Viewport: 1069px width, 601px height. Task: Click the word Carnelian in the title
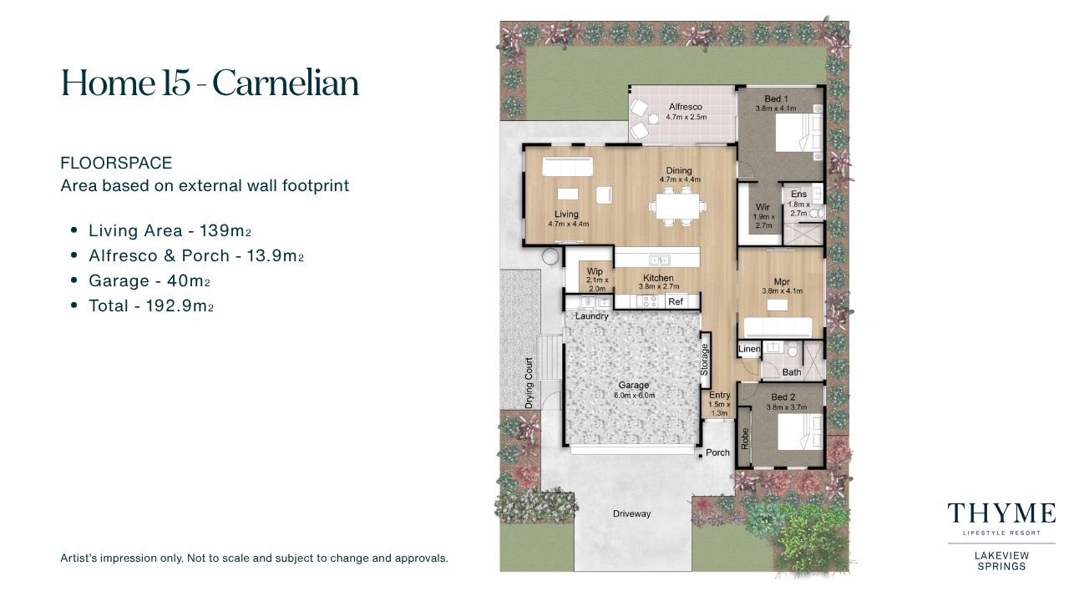pos(286,83)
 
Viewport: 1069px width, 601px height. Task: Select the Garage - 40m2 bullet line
pos(149,281)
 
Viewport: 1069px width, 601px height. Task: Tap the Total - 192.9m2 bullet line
pos(151,306)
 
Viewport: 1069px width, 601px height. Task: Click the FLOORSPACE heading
pos(116,163)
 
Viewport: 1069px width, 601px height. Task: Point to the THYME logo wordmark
pos(1001,513)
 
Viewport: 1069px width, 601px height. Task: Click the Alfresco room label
pos(686,107)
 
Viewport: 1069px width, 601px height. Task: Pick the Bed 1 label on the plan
pos(776,98)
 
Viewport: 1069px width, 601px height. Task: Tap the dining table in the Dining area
pos(677,205)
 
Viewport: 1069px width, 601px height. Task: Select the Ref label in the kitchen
pos(676,301)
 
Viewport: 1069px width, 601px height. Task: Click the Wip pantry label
pos(595,271)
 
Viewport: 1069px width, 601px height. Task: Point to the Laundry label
pos(592,316)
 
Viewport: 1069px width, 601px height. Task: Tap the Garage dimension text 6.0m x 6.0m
pos(634,396)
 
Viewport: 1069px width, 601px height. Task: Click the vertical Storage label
pos(704,359)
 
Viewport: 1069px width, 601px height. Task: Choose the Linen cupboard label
pos(749,349)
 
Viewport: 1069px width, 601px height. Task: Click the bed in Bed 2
pos(800,432)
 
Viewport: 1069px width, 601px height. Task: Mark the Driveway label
pos(632,513)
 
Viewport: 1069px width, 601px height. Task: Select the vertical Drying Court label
pos(529,383)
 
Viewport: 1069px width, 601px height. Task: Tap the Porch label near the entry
pos(717,452)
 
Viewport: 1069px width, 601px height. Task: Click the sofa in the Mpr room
pos(778,328)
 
